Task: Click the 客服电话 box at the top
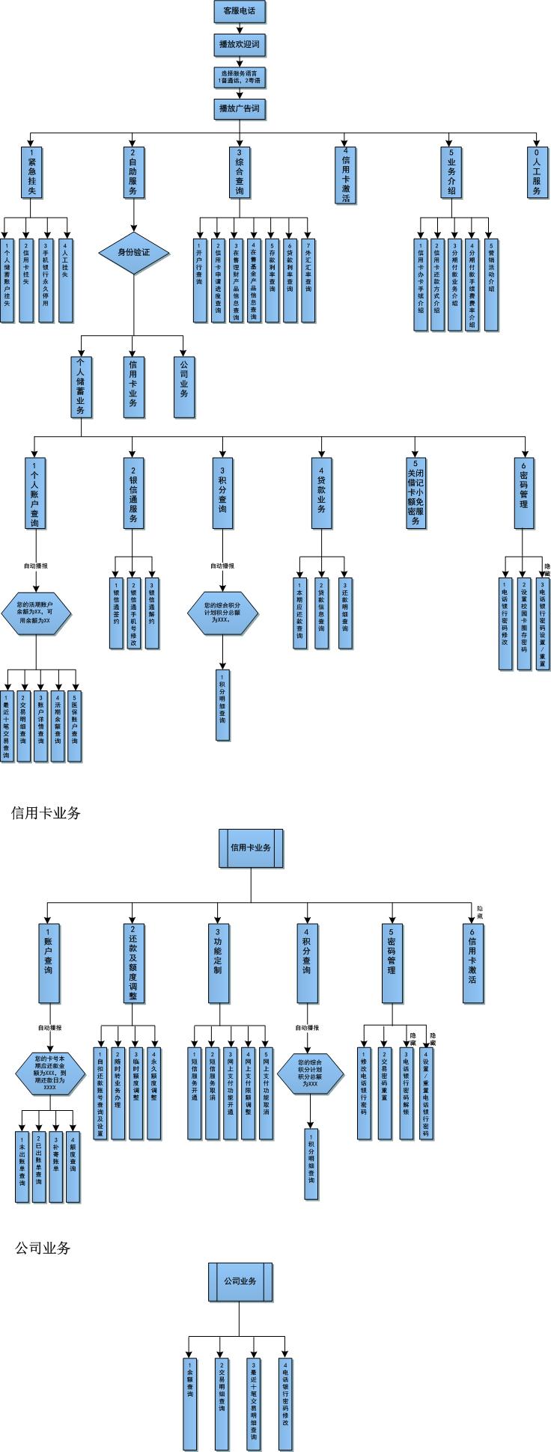click(x=240, y=12)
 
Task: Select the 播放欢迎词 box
click(x=240, y=45)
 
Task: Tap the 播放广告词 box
click(x=240, y=109)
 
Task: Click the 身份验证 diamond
click(x=134, y=253)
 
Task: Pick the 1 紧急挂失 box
click(x=31, y=173)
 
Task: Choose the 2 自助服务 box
click(x=133, y=173)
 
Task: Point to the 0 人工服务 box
click(x=536, y=173)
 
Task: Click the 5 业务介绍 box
click(x=451, y=173)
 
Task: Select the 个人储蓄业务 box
click(x=82, y=386)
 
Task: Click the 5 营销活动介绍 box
click(x=491, y=284)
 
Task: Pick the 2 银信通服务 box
click(x=133, y=493)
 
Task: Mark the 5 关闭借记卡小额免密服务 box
click(x=415, y=493)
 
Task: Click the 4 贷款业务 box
click(x=321, y=493)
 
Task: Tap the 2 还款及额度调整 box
click(x=133, y=964)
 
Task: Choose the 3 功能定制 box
click(x=219, y=964)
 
